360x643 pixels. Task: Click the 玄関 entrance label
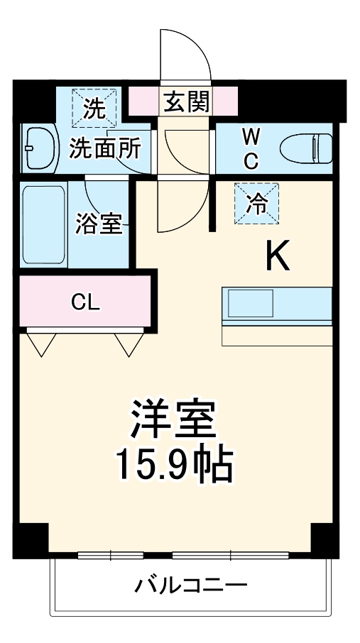(187, 103)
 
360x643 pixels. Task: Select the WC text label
(251, 148)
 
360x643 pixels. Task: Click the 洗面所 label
(104, 149)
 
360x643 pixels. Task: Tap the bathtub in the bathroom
(44, 224)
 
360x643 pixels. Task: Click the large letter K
(278, 257)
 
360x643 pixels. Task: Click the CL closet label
(85, 302)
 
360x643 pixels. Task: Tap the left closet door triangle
(42, 343)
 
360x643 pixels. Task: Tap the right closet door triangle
(129, 343)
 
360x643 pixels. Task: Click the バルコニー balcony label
(191, 586)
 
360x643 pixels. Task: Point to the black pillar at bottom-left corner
(31, 539)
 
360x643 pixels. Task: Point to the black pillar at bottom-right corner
(326, 539)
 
